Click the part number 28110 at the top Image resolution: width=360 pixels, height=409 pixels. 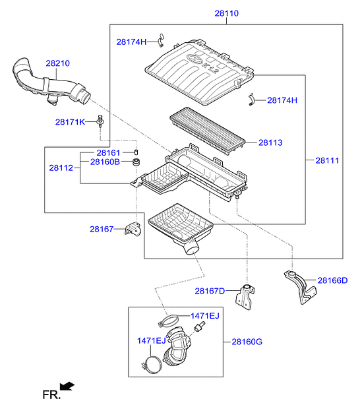click(x=226, y=13)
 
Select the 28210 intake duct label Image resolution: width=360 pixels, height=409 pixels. click(x=57, y=63)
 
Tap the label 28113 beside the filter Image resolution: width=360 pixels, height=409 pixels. click(x=270, y=142)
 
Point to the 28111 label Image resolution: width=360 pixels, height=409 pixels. click(x=327, y=160)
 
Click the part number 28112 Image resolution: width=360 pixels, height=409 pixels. click(x=61, y=168)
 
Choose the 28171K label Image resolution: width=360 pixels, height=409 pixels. click(x=70, y=122)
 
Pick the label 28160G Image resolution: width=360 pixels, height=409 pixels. click(x=247, y=342)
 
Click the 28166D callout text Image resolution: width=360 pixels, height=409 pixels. click(x=332, y=280)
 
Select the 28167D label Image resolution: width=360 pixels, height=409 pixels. click(x=210, y=291)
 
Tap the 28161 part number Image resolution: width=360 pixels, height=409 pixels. click(x=108, y=152)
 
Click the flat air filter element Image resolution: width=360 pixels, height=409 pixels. click(x=208, y=131)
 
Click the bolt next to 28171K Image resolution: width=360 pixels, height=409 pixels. click(x=100, y=121)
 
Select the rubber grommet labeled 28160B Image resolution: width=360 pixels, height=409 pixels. click(x=136, y=162)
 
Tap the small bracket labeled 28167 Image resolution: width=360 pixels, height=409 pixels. click(x=133, y=228)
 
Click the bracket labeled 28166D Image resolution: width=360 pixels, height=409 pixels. click(x=300, y=287)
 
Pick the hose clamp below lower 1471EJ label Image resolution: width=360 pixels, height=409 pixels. click(x=152, y=365)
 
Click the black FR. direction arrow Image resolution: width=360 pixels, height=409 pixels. click(x=67, y=386)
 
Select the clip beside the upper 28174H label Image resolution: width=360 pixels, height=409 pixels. click(x=161, y=40)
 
